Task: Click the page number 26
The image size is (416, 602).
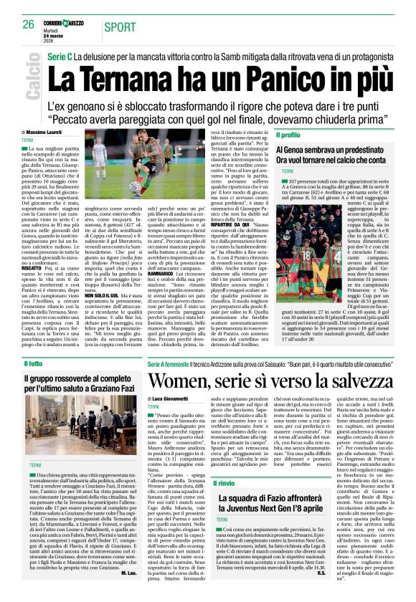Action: click(x=29, y=24)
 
